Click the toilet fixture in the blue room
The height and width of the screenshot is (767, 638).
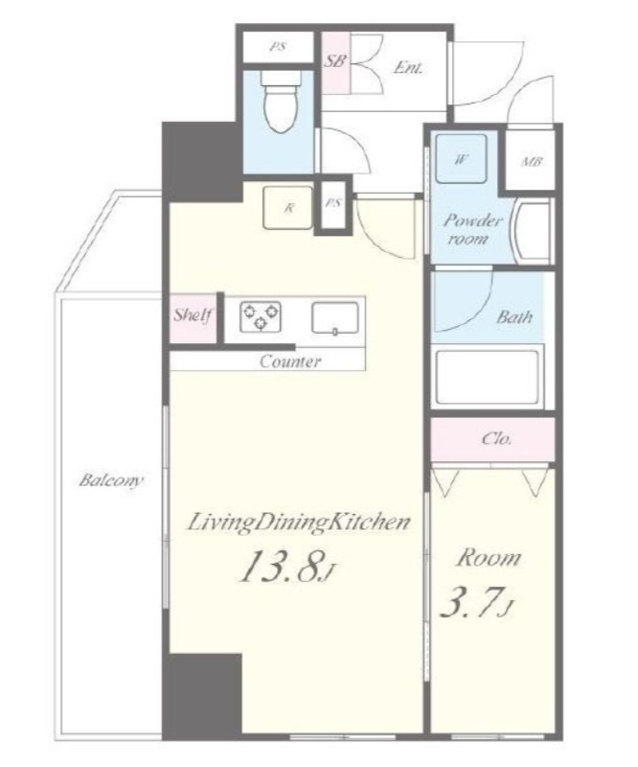281,102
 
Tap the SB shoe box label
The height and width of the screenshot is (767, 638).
335,61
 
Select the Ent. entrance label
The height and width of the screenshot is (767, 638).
408,67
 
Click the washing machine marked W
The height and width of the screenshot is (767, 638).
461,158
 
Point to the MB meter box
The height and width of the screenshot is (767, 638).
530,161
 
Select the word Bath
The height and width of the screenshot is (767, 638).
514,317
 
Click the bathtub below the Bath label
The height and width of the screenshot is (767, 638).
488,376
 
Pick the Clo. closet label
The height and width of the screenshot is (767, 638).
496,438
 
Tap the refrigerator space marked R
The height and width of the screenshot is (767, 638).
287,207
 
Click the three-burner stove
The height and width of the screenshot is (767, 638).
261,316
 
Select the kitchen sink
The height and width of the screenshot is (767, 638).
335,318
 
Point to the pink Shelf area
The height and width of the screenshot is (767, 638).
193,318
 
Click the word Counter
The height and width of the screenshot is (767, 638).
290,361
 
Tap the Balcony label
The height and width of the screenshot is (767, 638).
111,480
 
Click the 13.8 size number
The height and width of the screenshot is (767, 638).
287,567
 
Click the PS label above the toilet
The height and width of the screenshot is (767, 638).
278,47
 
